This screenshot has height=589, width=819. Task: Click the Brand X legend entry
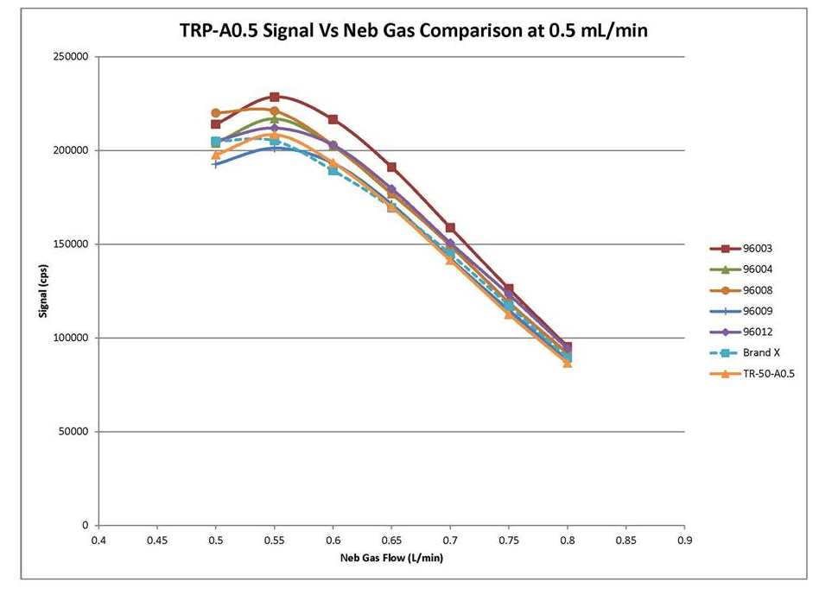coord(751,352)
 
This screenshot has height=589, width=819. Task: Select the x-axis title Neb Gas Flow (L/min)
coord(391,557)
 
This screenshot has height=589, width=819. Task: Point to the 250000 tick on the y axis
coord(76,57)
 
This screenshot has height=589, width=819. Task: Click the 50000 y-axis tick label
coord(79,432)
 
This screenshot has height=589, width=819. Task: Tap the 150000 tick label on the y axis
coord(76,244)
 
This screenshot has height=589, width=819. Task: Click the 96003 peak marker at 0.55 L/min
coord(275,97)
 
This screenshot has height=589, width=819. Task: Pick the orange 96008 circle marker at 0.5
coord(216,113)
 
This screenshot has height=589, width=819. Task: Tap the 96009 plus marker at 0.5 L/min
coord(216,163)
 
